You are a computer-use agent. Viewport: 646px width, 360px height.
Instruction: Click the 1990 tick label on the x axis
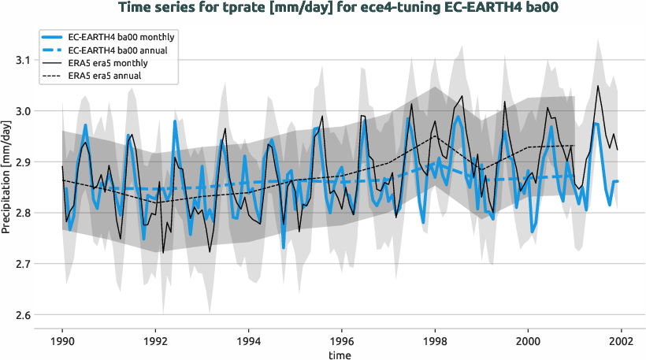pyautogui.click(x=62, y=342)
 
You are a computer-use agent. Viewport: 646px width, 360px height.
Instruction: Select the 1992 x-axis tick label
pyautogui.click(x=155, y=342)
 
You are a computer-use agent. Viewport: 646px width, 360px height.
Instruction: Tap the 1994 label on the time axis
pyautogui.click(x=248, y=342)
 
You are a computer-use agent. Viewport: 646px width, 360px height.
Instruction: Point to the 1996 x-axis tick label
pyautogui.click(x=341, y=342)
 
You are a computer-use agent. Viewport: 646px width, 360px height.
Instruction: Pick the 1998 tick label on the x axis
pyautogui.click(x=435, y=342)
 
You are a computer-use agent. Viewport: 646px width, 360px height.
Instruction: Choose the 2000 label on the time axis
pyautogui.click(x=528, y=342)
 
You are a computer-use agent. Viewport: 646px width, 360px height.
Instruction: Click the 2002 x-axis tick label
pyautogui.click(x=621, y=342)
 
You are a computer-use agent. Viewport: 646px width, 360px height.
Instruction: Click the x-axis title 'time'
pyautogui.click(x=341, y=354)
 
